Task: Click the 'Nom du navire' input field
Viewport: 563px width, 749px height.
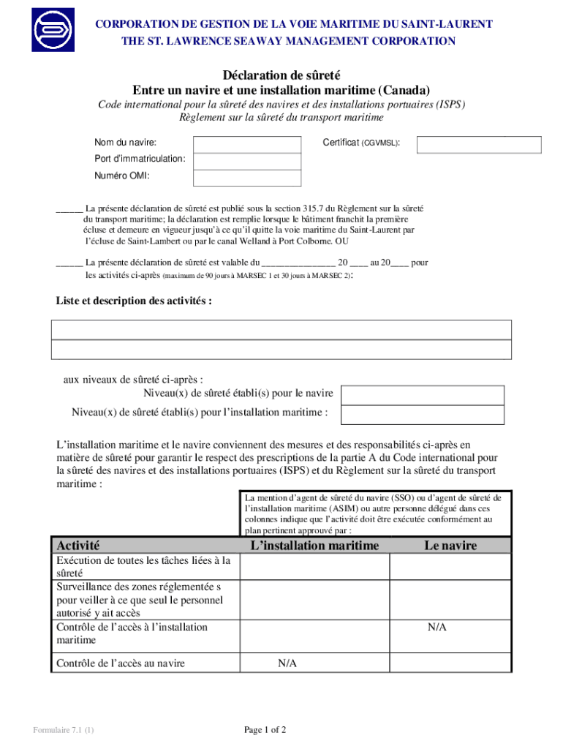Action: coord(247,145)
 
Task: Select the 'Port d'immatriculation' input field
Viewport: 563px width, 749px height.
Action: coord(247,162)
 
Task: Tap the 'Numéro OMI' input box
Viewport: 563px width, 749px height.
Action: coord(247,178)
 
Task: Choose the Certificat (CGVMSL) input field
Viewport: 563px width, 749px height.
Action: coord(479,145)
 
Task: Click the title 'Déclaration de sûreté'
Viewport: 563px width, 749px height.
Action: coord(281,75)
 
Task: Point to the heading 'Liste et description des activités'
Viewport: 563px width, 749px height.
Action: coord(134,301)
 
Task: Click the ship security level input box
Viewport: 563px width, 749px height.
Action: coord(423,395)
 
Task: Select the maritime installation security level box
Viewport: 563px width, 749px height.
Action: coord(423,415)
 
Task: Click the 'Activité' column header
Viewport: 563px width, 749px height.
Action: coord(78,546)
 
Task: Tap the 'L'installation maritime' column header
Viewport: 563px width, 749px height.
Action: coord(314,546)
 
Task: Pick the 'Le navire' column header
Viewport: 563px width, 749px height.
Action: coord(450,546)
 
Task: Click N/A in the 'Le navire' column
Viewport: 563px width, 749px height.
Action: coord(437,628)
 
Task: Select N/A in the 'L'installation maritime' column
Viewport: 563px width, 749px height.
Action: coord(287,663)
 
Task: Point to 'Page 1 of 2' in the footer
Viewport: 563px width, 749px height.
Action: coord(265,729)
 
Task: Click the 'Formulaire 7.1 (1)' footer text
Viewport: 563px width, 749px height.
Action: coord(63,730)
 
